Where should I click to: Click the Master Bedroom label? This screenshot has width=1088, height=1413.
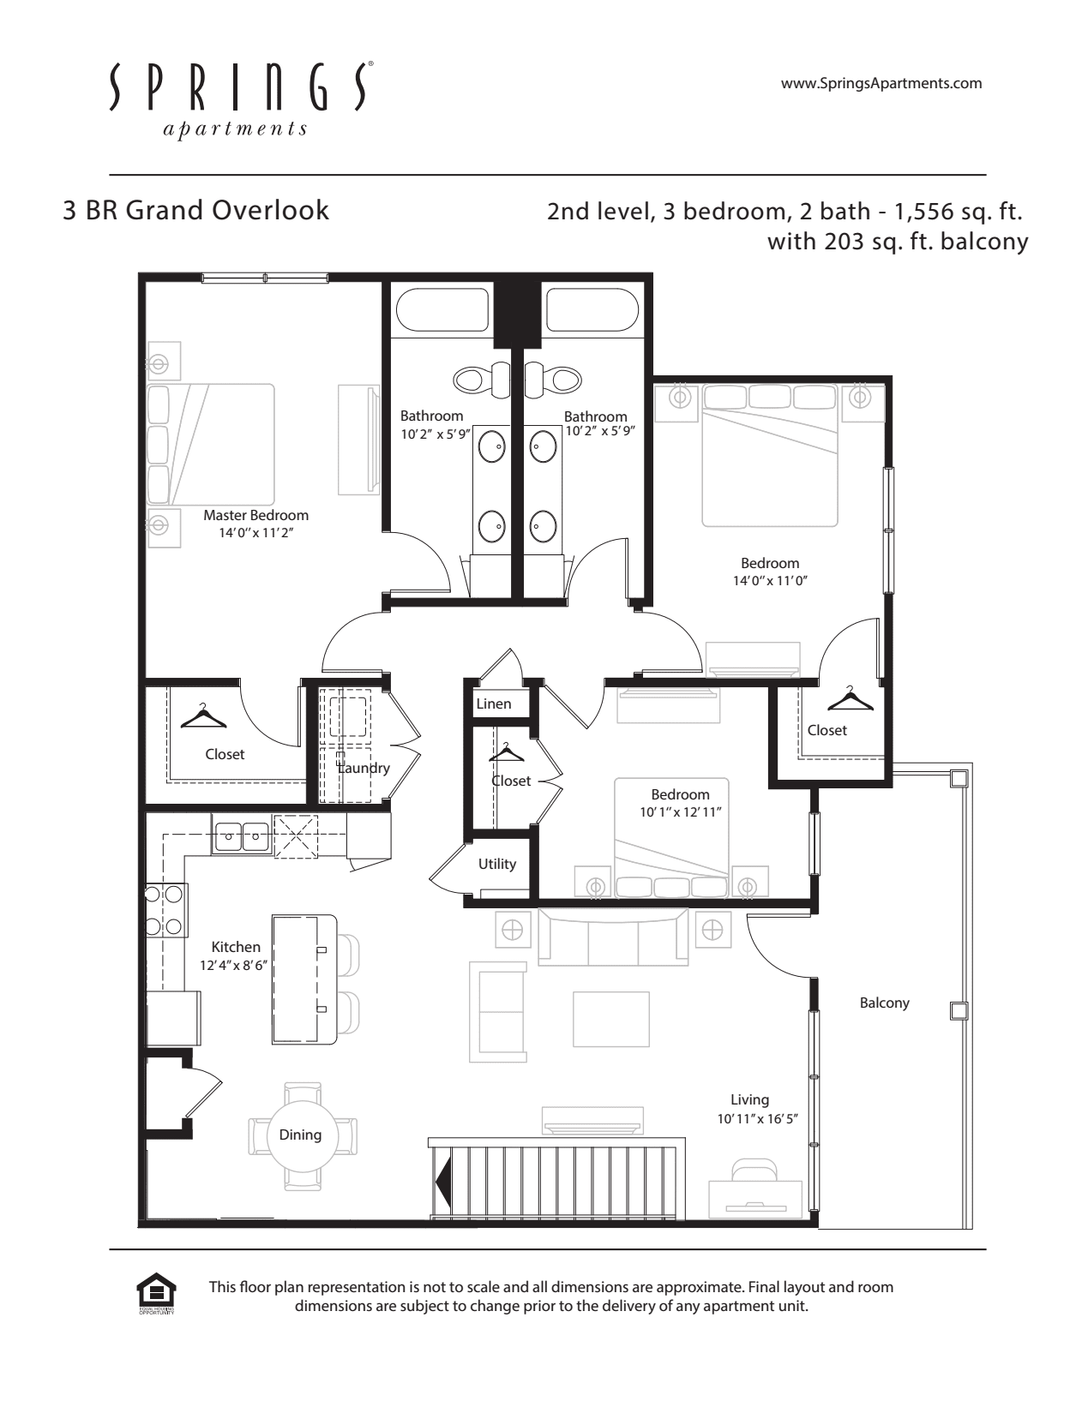click(255, 515)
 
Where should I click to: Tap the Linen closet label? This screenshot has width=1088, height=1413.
click(494, 704)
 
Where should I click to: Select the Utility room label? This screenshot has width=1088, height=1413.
click(497, 865)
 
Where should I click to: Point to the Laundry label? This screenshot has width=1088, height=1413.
click(364, 768)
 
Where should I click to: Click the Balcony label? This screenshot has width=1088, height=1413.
click(885, 1003)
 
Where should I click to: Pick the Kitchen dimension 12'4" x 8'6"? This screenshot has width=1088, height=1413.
click(233, 966)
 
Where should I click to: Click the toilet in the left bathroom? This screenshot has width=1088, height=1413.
click(484, 379)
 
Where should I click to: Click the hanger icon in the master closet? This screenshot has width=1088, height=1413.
click(203, 716)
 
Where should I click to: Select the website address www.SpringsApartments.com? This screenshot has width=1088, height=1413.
click(881, 83)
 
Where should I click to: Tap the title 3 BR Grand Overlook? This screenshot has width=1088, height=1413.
click(195, 211)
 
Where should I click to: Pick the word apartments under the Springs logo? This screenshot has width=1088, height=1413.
click(235, 129)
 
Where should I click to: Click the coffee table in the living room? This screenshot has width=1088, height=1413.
click(610, 1019)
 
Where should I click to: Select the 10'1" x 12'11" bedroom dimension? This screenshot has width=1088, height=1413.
click(680, 812)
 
